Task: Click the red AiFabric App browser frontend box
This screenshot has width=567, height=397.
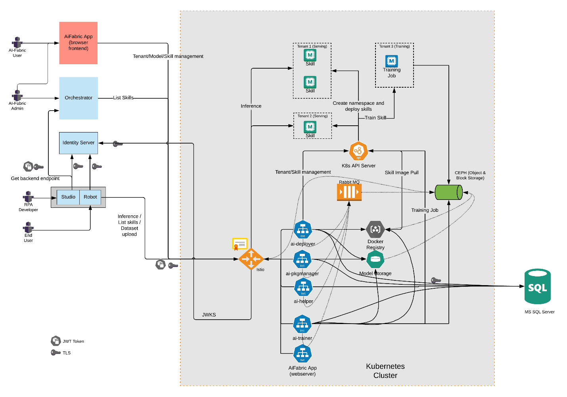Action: tap(78, 43)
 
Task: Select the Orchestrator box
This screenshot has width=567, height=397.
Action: tap(79, 98)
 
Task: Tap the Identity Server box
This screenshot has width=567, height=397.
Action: tap(79, 143)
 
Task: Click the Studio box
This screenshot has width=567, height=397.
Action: tap(68, 197)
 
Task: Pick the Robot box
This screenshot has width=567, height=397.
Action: tap(90, 197)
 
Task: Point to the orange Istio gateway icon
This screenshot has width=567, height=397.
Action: tap(251, 259)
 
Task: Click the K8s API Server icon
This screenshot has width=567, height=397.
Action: tap(358, 151)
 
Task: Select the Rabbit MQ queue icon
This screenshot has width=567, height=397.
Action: tap(349, 192)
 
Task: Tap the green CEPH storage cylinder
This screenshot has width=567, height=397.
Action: tap(448, 192)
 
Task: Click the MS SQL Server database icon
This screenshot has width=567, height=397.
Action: tap(537, 286)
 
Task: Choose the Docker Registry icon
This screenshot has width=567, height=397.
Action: tap(375, 229)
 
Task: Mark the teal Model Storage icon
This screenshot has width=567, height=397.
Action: tap(375, 259)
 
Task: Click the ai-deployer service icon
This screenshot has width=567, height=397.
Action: tap(303, 230)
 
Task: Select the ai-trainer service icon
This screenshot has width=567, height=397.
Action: tap(303, 324)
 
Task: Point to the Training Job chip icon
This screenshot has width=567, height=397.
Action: tap(391, 61)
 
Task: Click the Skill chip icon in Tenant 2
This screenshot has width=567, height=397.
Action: tap(310, 127)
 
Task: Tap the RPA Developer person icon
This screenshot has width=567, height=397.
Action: tap(28, 196)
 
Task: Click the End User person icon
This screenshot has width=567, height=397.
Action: tap(28, 227)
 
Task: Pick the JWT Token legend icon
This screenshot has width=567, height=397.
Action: tap(56, 341)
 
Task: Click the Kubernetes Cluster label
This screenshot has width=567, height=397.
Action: tap(385, 371)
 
